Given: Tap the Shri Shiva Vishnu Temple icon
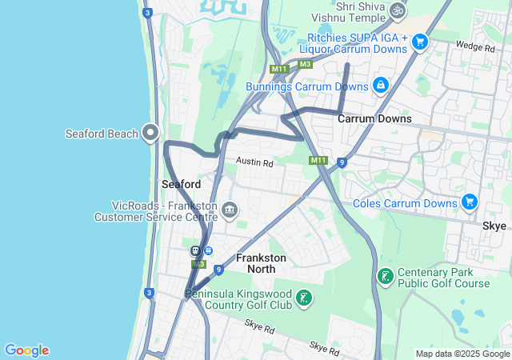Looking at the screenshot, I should click(398, 10).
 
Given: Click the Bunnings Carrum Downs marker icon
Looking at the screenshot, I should click(381, 84).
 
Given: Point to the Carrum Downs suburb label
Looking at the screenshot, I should click(374, 118).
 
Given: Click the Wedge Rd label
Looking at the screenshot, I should click(474, 47).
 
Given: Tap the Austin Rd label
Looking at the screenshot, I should click(254, 162).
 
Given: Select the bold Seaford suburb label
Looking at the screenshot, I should click(181, 184).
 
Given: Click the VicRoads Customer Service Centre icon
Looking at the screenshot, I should click(229, 210).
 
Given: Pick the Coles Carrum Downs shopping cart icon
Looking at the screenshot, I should click(470, 202).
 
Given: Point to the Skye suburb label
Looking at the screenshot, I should click(494, 226).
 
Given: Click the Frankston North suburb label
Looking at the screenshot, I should click(261, 263).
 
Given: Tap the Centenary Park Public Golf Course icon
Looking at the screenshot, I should click(386, 277).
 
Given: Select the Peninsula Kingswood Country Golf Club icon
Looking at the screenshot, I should click(303, 299).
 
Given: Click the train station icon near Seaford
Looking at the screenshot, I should click(195, 250).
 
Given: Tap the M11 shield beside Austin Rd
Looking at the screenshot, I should click(318, 161).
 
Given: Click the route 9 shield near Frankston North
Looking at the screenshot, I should click(218, 270).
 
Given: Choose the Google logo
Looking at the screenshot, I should click(26, 350).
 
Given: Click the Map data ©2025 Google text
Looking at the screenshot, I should click(462, 354).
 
